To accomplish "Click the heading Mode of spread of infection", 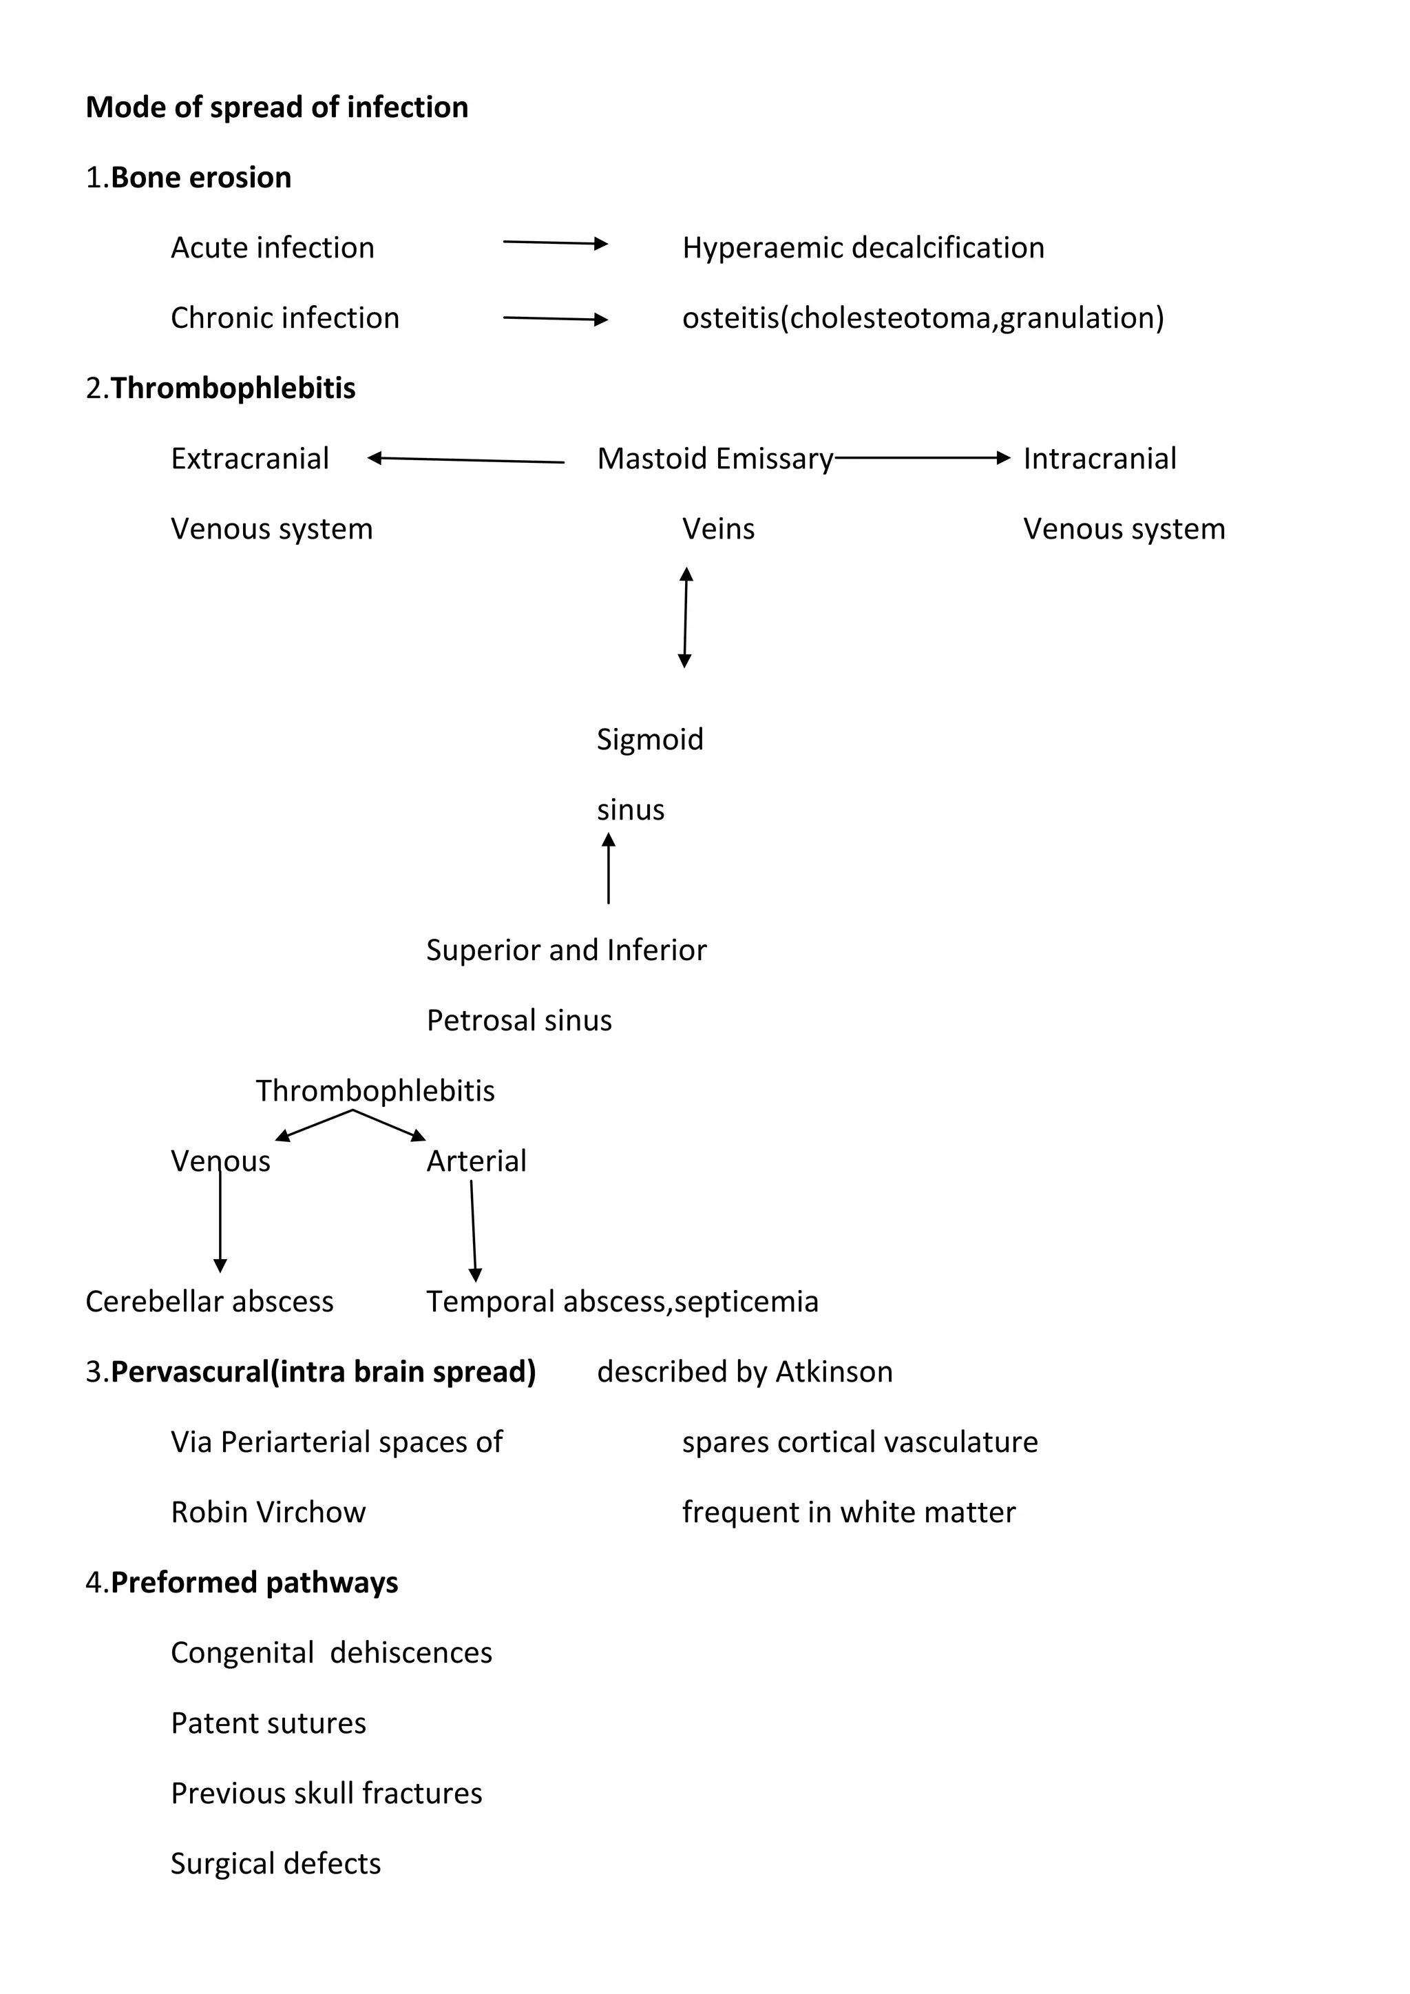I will coord(277,107).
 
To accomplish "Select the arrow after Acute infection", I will coord(555,243).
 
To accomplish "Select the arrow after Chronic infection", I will coord(555,319).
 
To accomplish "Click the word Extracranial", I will coord(250,459).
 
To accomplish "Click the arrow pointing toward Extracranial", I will coord(465,459).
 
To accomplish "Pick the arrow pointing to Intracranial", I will coord(922,457).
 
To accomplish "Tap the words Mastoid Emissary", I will coord(715,459).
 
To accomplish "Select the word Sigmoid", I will coord(649,739).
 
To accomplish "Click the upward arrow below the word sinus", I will coord(609,868).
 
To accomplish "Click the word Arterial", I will coord(476,1161).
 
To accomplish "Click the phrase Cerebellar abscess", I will coord(209,1301).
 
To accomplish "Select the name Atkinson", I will coord(834,1371).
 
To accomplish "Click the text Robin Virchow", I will coord(269,1512).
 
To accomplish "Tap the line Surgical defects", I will coord(275,1864).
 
